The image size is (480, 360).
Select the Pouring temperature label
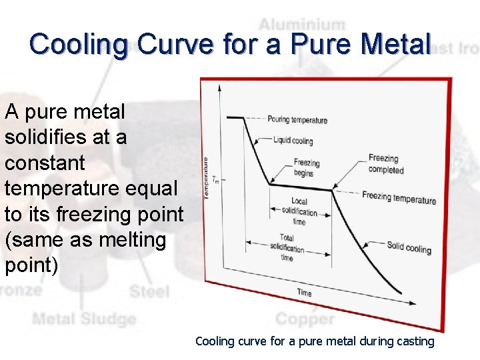(x=297, y=120)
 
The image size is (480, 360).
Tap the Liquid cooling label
(x=293, y=141)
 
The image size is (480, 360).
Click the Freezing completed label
(x=386, y=164)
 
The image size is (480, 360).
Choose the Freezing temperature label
(x=399, y=198)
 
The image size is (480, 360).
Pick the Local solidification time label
(x=299, y=211)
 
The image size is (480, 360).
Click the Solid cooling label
(x=409, y=248)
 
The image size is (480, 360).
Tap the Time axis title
(x=304, y=293)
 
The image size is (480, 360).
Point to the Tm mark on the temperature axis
(x=215, y=180)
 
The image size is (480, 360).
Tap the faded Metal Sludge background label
(x=84, y=319)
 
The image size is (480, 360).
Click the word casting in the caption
(x=416, y=341)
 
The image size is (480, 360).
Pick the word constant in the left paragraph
(x=45, y=162)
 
